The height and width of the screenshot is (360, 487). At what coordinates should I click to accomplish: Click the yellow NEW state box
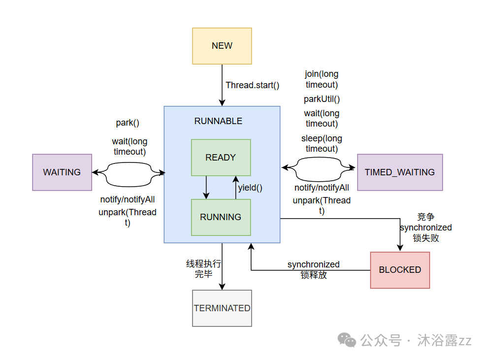point(222,46)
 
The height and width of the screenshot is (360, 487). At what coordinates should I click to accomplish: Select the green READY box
point(221,158)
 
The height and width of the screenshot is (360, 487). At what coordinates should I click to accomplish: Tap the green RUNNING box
point(221,217)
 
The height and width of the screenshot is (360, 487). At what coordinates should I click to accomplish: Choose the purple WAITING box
point(62,172)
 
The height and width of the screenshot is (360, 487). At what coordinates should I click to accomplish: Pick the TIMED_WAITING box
point(399,172)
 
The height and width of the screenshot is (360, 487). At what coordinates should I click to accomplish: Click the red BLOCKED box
point(400,270)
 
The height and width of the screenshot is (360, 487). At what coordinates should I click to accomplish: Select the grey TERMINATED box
point(222,308)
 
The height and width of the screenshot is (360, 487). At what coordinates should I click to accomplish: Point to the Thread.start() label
point(252,85)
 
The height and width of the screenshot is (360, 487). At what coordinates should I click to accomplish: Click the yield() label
point(250,187)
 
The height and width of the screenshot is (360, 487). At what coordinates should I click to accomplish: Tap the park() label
point(128,123)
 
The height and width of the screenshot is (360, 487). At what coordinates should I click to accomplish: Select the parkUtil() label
point(322,99)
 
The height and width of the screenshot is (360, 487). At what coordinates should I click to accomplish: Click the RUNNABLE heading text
point(218,121)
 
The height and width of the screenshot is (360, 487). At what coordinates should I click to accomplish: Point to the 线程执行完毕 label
point(203,269)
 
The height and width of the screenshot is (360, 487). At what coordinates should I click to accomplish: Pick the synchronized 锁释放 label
point(314,270)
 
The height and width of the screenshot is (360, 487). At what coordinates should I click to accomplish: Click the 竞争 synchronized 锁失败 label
point(425,228)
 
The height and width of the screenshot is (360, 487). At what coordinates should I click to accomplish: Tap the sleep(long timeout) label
point(322,143)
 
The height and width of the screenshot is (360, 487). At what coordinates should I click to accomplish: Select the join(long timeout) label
point(322,79)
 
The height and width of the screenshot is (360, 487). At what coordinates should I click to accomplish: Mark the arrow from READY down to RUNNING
point(206,187)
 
